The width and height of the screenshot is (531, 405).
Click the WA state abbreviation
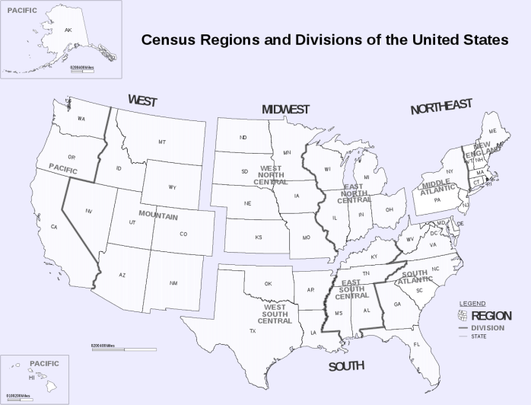point(81,120)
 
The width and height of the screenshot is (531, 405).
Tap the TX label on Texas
point(252,331)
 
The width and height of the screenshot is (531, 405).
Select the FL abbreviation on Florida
point(416,345)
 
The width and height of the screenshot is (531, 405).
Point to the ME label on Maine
point(492,132)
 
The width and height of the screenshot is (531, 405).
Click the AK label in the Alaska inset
point(68,30)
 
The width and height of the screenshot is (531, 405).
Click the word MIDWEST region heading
point(285,110)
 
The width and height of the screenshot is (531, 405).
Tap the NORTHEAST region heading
point(441,108)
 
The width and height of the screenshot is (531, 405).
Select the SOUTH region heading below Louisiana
point(346,367)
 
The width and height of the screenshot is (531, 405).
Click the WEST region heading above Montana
point(142,100)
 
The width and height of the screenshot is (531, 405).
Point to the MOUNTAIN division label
point(158,216)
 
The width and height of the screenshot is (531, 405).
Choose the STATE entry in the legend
point(480,336)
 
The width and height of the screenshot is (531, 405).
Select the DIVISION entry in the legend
point(488,327)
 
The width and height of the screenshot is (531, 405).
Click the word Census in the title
point(173,40)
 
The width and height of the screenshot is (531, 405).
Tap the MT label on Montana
point(162,142)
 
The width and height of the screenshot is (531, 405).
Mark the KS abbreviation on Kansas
point(259,238)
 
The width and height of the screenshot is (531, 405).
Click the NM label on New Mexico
point(173,283)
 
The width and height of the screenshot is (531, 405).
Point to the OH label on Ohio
point(390,209)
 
